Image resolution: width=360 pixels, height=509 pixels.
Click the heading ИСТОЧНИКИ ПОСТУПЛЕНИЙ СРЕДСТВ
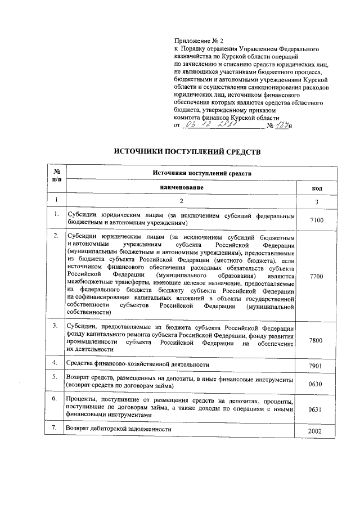coord(187,152)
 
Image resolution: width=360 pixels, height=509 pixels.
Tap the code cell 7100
coord(317,220)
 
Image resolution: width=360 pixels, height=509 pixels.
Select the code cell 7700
coord(317,277)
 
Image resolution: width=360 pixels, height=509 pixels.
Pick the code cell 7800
coord(317,341)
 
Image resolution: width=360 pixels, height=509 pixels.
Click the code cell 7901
coord(317,366)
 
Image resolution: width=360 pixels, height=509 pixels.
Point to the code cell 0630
coord(317,385)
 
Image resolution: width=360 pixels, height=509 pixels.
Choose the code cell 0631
coord(317,410)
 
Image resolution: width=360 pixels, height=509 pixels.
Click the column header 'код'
coord(317,187)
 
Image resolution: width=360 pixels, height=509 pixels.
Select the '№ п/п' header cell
coord(56,174)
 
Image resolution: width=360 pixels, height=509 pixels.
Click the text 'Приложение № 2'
coord(199,41)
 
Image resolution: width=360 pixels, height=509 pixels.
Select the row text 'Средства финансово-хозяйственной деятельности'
coord(138,364)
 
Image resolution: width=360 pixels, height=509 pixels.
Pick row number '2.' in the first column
coord(56,236)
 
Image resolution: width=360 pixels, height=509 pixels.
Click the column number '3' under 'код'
coord(317,201)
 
